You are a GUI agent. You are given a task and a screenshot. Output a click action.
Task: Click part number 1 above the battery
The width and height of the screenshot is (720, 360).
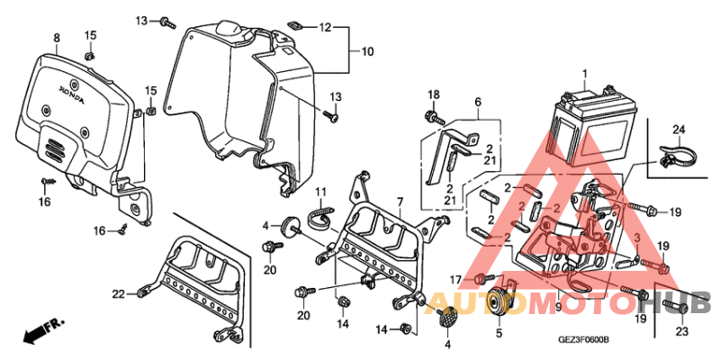583,73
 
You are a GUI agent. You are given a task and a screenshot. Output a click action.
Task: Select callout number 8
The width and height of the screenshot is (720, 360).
56,38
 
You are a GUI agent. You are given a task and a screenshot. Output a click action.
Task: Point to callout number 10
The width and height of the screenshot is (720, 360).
366,51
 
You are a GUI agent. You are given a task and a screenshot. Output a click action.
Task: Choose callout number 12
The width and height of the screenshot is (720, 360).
325,27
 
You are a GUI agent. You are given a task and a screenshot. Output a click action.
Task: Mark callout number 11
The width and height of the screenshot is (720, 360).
319,191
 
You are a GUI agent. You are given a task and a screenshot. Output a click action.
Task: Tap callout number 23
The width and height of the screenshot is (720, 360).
680,330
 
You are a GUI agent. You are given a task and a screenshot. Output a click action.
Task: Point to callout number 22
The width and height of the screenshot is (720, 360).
117,293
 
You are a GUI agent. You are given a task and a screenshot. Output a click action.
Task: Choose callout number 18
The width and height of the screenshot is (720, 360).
432,95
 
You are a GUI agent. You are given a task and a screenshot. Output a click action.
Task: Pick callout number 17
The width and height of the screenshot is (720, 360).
455,278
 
